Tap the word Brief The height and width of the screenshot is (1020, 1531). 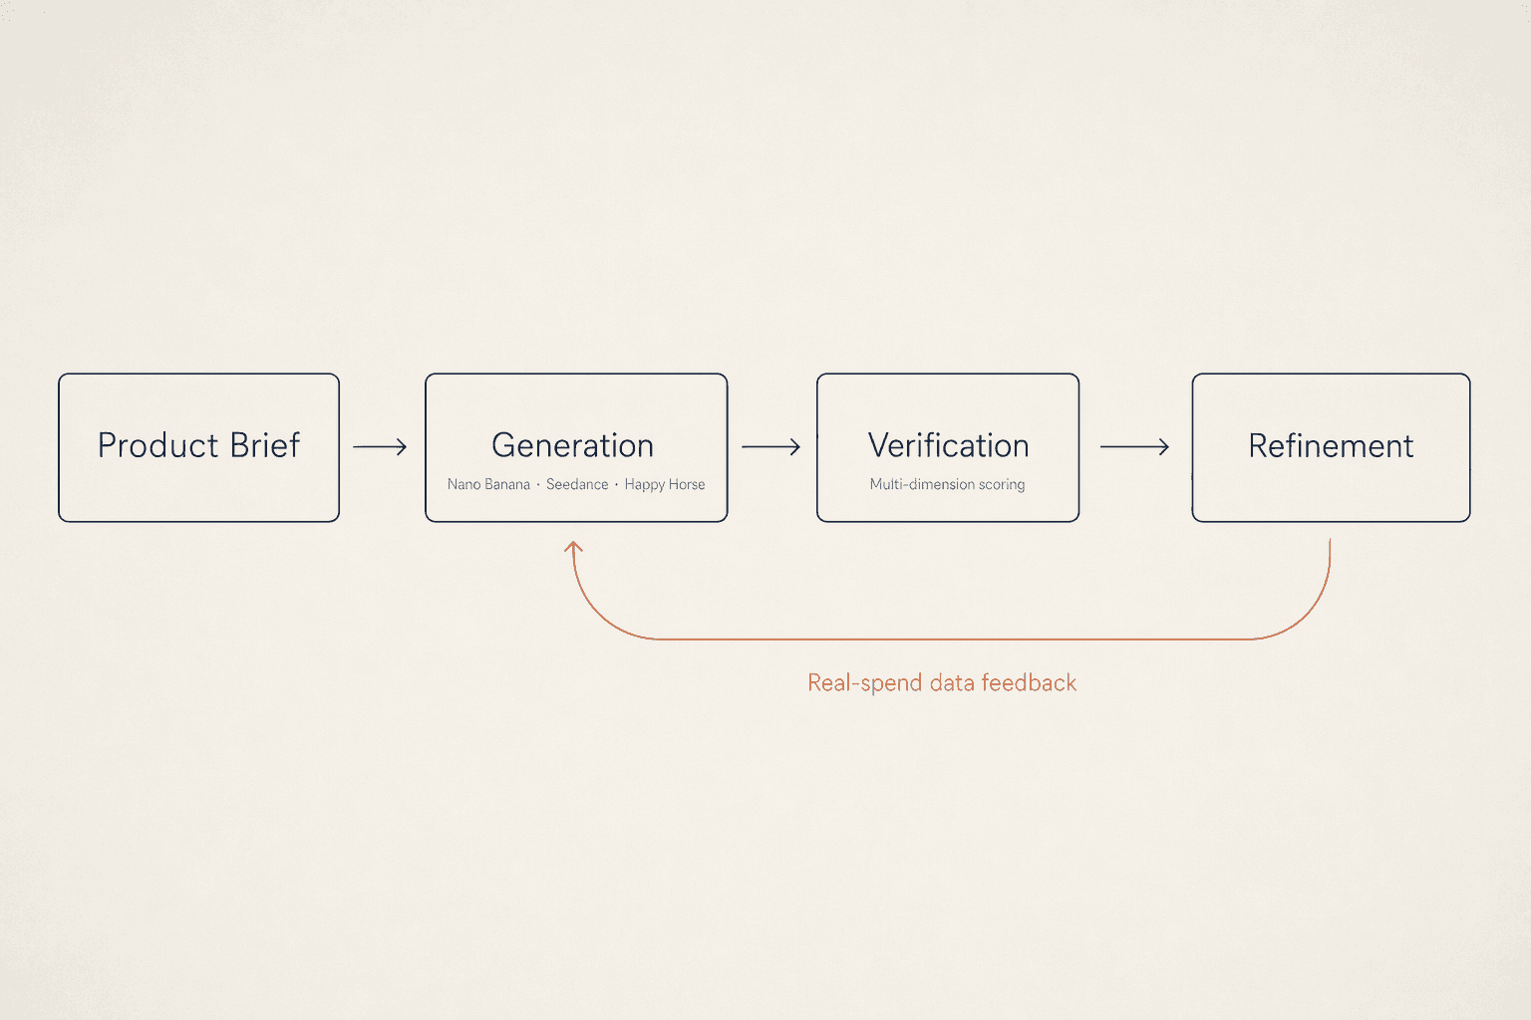click(x=265, y=445)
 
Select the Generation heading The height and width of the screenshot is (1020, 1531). click(x=573, y=445)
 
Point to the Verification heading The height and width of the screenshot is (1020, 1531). click(x=949, y=445)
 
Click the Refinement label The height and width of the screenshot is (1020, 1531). click(x=1331, y=446)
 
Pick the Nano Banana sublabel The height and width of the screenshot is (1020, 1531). click(x=488, y=484)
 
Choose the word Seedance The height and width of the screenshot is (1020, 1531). click(x=577, y=484)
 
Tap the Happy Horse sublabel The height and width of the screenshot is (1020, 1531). click(x=665, y=485)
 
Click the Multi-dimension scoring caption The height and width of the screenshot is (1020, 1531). click(x=947, y=484)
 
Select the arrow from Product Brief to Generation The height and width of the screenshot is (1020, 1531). click(x=380, y=447)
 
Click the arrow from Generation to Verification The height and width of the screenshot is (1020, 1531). click(x=770, y=447)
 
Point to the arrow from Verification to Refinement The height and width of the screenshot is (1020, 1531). click(x=1134, y=447)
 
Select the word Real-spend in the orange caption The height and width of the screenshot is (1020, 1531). click(x=864, y=683)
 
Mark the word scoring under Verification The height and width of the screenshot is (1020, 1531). click(x=1002, y=485)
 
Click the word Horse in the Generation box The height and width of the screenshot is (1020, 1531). click(x=686, y=484)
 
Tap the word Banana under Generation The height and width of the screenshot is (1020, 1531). click(x=507, y=484)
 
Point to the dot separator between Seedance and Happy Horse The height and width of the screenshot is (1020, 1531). click(x=617, y=484)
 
